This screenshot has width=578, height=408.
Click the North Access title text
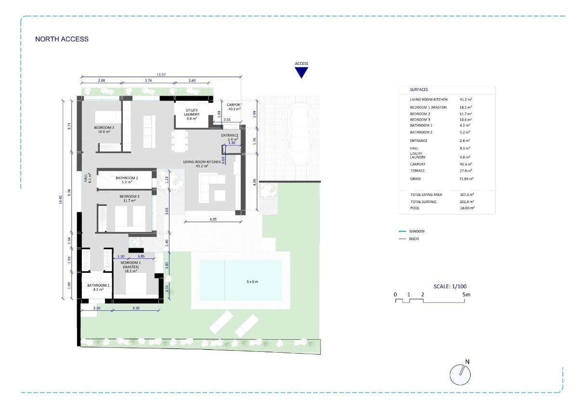pos(62,39)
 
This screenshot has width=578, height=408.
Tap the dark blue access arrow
pos(302,72)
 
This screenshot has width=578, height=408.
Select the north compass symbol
pos(460,373)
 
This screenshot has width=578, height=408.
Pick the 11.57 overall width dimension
pos(161,75)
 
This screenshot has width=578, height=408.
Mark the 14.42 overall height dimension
pos(61,200)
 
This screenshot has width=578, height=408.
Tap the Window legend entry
pos(417,231)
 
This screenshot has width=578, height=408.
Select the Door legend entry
pos(415,239)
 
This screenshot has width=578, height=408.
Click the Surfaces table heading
pos(419,89)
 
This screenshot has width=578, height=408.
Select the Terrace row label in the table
pos(418,171)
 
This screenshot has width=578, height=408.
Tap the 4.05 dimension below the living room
pos(213,218)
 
